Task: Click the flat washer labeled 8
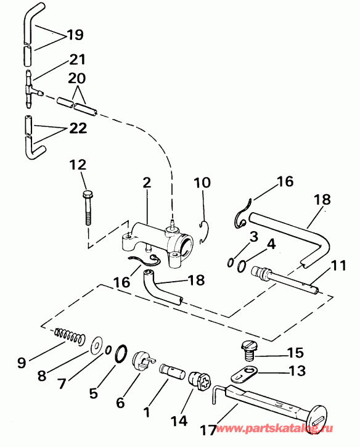[97, 344]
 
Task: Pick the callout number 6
[120, 402]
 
